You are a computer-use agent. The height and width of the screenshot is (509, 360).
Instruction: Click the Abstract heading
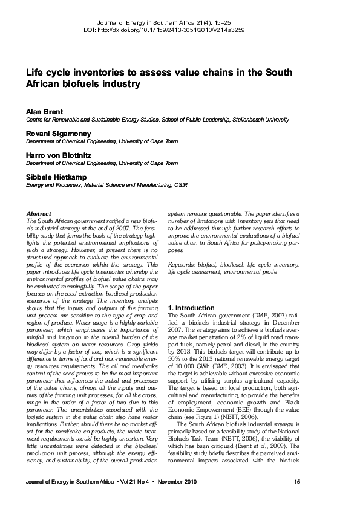pyautogui.click(x=39, y=213)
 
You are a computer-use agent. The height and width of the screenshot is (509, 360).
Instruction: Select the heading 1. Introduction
pyautogui.click(x=191, y=308)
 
